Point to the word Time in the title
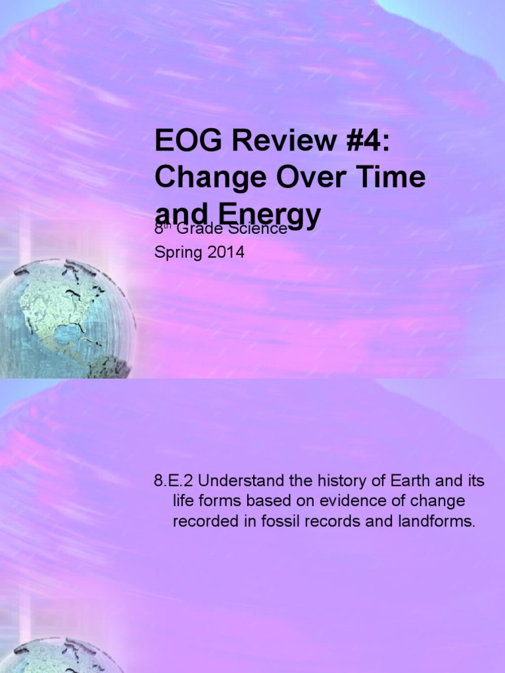(392, 178)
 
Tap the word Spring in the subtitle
(176, 253)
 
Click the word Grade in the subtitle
(207, 229)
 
